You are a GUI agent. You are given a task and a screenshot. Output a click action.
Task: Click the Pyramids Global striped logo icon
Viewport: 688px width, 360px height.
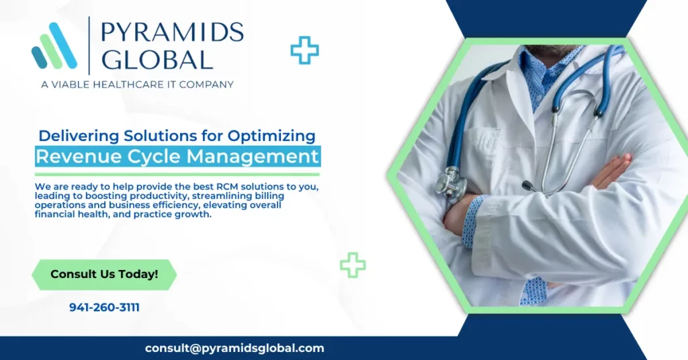coord(54,46)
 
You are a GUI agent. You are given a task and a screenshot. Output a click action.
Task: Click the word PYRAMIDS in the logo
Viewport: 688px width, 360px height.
coord(172,33)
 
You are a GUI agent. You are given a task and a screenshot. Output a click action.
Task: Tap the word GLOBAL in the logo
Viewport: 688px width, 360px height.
coord(157,60)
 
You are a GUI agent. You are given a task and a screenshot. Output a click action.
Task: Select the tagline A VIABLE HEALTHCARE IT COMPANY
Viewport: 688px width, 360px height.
coord(137,85)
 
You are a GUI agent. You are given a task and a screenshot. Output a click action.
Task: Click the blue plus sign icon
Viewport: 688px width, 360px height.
coord(304,50)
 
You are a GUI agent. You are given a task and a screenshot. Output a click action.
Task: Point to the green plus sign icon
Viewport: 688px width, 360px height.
coord(353,265)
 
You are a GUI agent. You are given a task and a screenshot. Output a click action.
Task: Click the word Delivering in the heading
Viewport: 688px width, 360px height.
coord(79,136)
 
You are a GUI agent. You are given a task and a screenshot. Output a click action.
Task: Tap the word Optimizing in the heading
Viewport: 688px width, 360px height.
coord(271,136)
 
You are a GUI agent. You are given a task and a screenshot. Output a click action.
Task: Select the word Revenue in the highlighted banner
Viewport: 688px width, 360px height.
coord(73,156)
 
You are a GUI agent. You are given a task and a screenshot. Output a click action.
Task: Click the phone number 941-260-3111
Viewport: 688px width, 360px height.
coord(104,308)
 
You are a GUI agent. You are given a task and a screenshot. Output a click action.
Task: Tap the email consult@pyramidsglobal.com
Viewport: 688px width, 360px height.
coord(234,348)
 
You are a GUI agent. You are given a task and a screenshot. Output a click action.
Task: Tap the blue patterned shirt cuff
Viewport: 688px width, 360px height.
coord(472,222)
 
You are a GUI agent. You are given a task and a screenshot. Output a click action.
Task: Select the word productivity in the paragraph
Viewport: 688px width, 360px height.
coord(159,196)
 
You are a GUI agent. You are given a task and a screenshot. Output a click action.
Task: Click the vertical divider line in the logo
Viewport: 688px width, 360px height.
coord(89,46)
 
